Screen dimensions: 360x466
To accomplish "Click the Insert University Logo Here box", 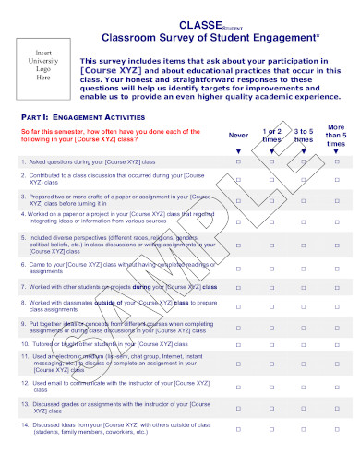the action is [42, 66].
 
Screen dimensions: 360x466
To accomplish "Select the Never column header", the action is [238, 136].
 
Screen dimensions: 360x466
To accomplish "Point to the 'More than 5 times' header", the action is [337, 135].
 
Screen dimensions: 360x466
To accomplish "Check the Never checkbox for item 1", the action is [238, 161].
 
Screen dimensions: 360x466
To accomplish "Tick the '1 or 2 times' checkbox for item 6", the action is [271, 264].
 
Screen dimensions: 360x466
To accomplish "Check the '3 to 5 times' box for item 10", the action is [304, 342].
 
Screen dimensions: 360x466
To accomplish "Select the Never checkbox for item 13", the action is [238, 404].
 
